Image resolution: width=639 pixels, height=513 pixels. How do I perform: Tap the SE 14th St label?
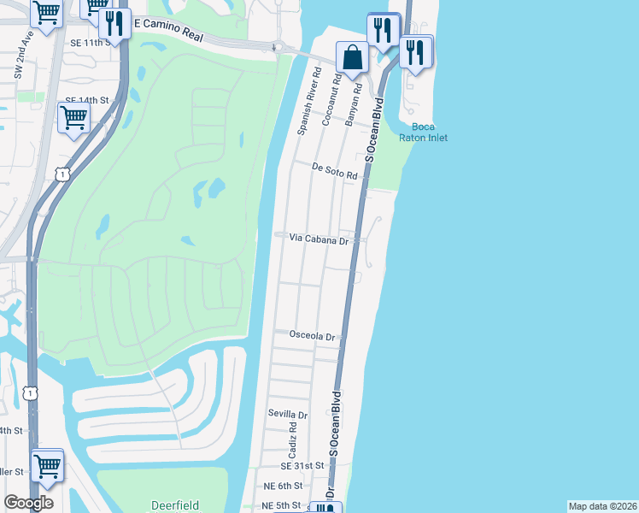[89, 100]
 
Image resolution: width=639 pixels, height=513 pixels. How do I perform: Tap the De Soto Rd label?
[334, 171]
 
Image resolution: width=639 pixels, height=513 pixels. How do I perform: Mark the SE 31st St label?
[302, 465]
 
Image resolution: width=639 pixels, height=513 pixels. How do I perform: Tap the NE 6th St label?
[284, 486]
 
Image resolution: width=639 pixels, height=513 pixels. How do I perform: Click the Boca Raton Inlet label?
[425, 133]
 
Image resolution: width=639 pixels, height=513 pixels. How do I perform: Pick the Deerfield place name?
[175, 505]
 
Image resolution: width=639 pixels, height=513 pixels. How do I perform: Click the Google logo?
[28, 503]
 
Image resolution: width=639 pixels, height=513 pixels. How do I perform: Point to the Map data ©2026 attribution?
[602, 506]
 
